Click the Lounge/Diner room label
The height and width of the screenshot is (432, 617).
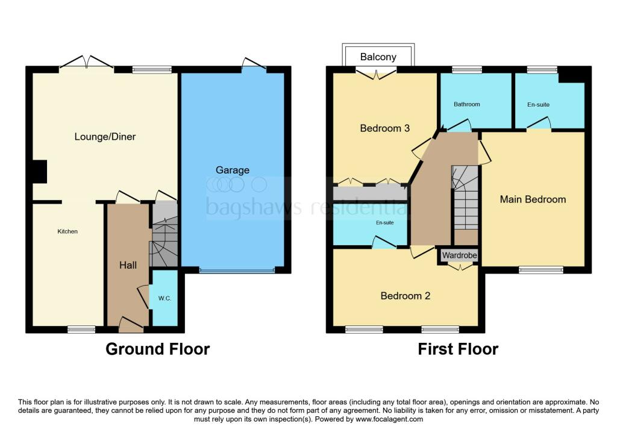pyautogui.click(x=105, y=137)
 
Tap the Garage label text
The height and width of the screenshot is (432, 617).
pyautogui.click(x=233, y=170)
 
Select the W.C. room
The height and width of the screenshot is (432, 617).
pyautogui.click(x=164, y=298)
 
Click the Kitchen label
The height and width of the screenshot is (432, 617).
pyautogui.click(x=67, y=231)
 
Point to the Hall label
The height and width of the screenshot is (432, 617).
pyautogui.click(x=128, y=265)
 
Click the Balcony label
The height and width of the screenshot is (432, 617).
pyautogui.click(x=378, y=57)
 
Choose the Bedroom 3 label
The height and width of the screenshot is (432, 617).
pyautogui.click(x=384, y=128)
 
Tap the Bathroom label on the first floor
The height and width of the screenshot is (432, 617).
pyautogui.click(x=467, y=104)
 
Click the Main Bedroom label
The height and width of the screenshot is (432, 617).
pyautogui.click(x=533, y=199)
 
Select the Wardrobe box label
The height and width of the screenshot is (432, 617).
pyautogui.click(x=460, y=256)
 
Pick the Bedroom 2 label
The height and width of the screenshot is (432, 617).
pyautogui.click(x=405, y=296)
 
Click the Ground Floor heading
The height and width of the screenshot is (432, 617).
pyautogui.click(x=158, y=349)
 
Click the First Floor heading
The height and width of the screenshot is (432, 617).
pyautogui.click(x=458, y=349)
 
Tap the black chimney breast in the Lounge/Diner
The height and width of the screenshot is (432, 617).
pyautogui.click(x=39, y=171)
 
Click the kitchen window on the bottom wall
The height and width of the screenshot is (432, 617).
pyautogui.click(x=81, y=329)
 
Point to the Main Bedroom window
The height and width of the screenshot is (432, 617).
pyautogui.click(x=541, y=270)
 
